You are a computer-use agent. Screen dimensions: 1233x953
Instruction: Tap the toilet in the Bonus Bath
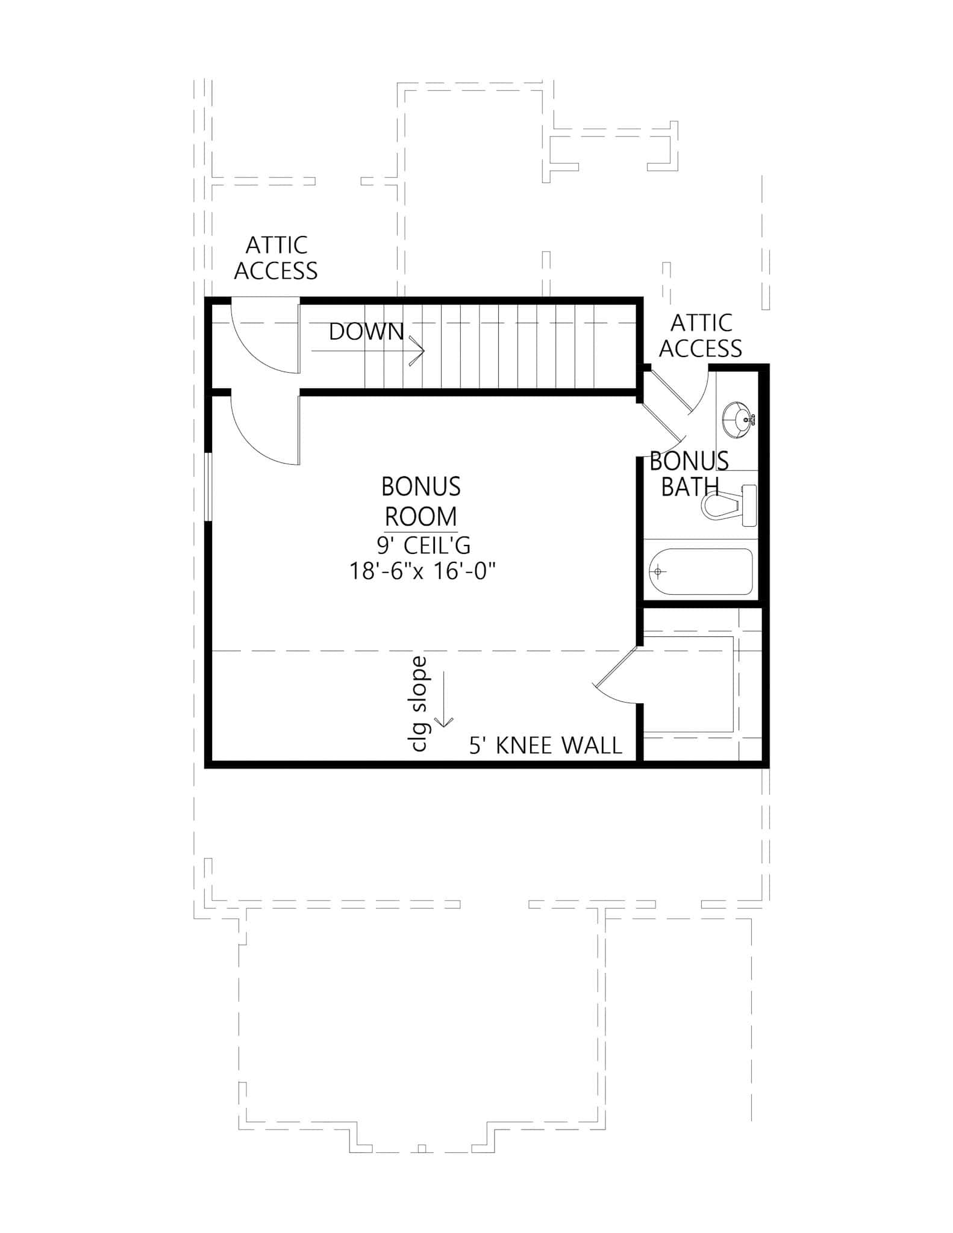[728, 506]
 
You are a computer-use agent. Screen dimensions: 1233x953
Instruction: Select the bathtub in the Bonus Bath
[701, 571]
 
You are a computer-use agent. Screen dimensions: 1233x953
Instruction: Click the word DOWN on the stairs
[366, 332]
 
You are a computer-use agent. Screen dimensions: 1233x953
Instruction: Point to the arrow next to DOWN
[416, 351]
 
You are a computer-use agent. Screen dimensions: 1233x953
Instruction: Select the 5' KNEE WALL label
[545, 746]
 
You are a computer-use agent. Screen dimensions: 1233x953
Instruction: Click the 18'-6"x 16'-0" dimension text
[422, 570]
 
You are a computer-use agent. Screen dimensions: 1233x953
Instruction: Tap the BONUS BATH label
[689, 474]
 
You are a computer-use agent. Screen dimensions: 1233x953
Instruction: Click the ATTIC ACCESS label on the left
[276, 258]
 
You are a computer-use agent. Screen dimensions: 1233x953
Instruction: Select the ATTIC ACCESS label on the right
[701, 336]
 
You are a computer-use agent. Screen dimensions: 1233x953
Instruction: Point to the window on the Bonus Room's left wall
[208, 487]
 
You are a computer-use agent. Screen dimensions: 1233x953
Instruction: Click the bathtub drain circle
[658, 571]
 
